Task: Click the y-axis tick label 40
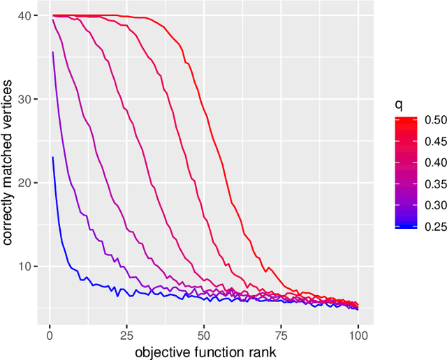coord(24,16)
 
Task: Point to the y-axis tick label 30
coord(24,99)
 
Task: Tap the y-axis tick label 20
coord(24,182)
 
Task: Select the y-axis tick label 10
coord(24,266)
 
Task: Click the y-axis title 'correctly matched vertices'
coord(8,167)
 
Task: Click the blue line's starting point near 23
coord(52,157)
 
